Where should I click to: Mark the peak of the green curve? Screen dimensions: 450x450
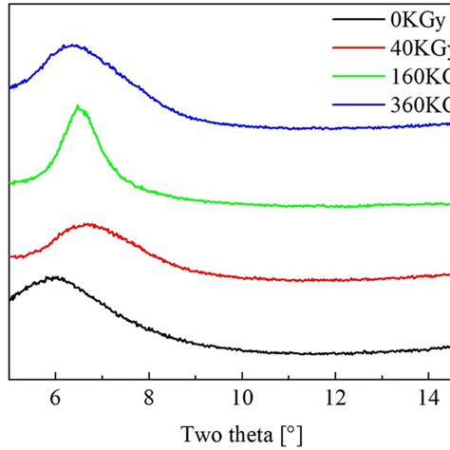[80, 108]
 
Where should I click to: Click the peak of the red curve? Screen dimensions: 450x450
[89, 225]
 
